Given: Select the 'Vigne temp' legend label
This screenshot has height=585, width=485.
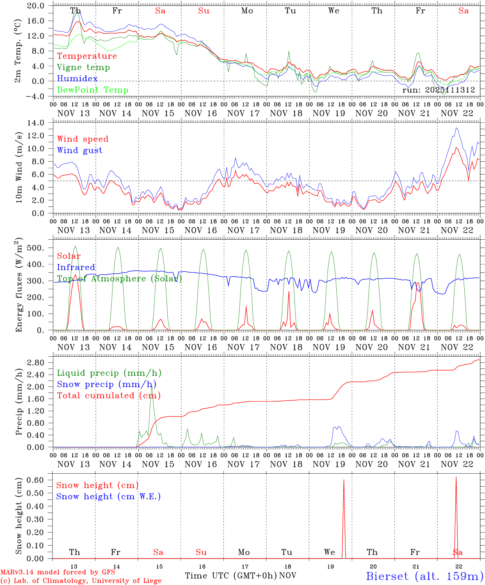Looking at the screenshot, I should pyautogui.click(x=83, y=67).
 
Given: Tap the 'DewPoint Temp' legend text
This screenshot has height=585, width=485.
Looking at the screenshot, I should pyautogui.click(x=93, y=90).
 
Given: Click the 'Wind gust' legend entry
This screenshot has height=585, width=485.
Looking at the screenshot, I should pyautogui.click(x=80, y=150).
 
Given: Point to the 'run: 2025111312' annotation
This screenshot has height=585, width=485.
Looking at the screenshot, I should pyautogui.click(x=438, y=90).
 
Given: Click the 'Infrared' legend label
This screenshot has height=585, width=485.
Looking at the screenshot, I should pyautogui.click(x=76, y=267).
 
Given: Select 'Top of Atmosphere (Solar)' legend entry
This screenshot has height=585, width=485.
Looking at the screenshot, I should pyautogui.click(x=119, y=279).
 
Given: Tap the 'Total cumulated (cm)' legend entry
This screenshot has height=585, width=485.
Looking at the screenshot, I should pyautogui.click(x=108, y=396).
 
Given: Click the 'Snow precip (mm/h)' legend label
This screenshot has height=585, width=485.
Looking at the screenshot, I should pyautogui.click(x=106, y=384).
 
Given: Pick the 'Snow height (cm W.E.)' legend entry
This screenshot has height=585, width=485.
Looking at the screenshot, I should pyautogui.click(x=108, y=496).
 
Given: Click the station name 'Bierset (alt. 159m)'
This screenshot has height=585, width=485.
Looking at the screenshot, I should pyautogui.click(x=424, y=576).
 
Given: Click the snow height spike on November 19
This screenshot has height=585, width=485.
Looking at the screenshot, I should pyautogui.click(x=344, y=480).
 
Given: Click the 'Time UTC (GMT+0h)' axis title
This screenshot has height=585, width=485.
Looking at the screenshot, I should pyautogui.click(x=231, y=576).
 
